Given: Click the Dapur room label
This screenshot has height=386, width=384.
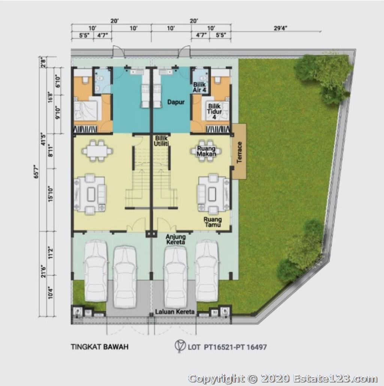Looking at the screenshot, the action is point(176,102).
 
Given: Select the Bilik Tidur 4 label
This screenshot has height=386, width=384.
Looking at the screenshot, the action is point(214,112).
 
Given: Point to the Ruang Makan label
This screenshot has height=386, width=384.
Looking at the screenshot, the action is point(206,151).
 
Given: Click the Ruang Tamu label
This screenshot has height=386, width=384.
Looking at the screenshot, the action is point(213,222).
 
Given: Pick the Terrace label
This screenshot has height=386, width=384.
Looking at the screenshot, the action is point(239,152).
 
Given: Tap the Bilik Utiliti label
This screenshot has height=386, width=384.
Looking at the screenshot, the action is point(161,141).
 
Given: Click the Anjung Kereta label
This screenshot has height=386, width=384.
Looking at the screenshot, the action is point(175,239).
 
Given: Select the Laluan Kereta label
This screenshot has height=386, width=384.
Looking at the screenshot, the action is point(175,312).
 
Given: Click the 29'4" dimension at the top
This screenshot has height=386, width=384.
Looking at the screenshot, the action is point(280,28).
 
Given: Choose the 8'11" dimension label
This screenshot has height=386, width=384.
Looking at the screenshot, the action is point(51,151).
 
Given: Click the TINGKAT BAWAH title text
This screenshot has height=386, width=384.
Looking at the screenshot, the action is point(100,347).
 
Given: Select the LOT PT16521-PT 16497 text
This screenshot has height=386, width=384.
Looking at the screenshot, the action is point(227,347).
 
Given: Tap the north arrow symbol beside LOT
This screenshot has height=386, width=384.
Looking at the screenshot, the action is point(180,346).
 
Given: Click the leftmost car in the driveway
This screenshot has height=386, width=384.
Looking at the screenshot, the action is point(96,270).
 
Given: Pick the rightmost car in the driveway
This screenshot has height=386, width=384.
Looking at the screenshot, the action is point(207,270).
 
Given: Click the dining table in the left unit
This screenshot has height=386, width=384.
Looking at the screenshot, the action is point(97,151).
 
